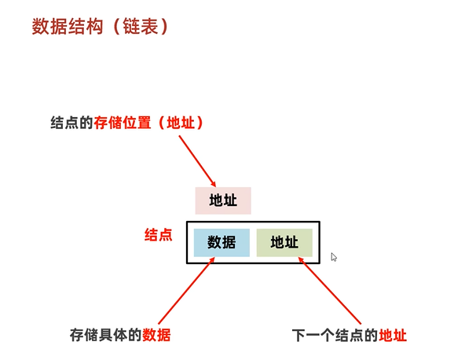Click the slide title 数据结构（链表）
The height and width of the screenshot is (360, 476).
[x=99, y=27]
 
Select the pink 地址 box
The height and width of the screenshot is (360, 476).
[x=223, y=200]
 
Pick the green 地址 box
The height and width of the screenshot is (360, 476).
[x=284, y=243]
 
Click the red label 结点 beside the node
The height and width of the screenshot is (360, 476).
[x=159, y=235]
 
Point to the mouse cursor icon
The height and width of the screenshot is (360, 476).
[x=334, y=257]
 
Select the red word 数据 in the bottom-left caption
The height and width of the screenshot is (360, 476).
[x=156, y=335]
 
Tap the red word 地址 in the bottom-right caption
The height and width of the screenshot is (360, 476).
[x=393, y=335]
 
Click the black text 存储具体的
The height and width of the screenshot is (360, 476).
[x=105, y=335]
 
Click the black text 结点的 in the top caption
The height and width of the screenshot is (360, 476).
[x=71, y=124]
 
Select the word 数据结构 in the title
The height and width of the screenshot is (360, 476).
[x=68, y=27]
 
